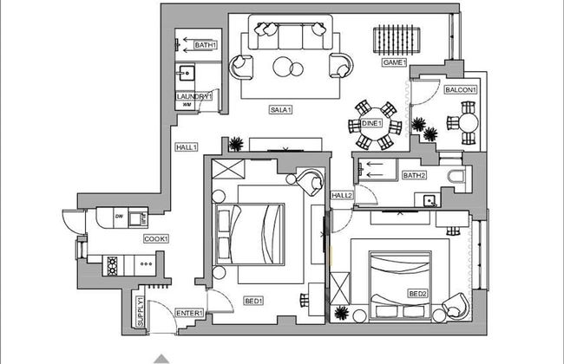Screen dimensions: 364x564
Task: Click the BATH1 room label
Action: [205, 45]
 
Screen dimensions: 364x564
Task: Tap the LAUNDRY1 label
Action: [193, 96]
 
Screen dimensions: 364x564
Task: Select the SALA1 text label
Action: [280, 110]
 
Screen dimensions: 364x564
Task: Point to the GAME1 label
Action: [395, 63]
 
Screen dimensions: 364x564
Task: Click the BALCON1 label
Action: [461, 89]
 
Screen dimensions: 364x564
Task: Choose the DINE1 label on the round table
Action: [372, 124]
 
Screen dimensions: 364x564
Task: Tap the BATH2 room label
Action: [415, 176]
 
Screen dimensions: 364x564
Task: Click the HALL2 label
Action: [342, 196]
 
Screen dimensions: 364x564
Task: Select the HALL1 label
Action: [186, 146]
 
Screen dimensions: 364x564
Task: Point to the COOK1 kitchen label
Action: [155, 238]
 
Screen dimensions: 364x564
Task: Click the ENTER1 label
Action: [189, 313]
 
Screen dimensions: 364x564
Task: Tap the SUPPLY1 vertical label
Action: [140, 310]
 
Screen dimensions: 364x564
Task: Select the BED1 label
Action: [253, 301]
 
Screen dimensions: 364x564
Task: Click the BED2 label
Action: [419, 294]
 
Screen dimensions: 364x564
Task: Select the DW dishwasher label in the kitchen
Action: [119, 216]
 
